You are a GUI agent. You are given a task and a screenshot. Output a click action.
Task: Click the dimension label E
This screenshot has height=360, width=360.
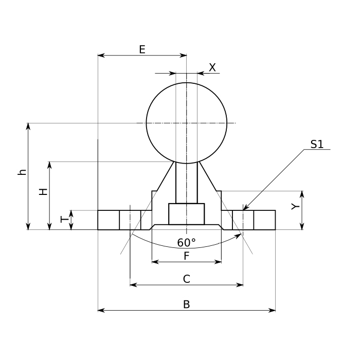142,49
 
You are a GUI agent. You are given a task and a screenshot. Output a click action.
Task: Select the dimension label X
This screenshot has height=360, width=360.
212,67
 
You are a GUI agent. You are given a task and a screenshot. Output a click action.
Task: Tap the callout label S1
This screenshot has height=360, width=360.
317,145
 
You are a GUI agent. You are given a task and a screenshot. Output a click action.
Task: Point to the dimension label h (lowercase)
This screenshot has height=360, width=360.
22,172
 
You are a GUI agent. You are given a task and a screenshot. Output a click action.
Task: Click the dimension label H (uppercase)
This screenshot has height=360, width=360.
44,191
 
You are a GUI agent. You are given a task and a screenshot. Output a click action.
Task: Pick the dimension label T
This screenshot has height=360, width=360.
64,219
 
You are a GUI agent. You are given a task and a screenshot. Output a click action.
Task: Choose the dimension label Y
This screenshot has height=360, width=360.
294,207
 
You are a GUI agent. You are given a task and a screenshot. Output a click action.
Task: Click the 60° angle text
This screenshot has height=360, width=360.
186,242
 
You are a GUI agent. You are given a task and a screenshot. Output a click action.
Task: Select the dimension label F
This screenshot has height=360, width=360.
186,256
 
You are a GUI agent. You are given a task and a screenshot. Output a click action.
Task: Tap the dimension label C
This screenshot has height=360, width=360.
187,279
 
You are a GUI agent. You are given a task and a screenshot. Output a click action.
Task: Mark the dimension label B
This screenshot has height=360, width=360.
187,304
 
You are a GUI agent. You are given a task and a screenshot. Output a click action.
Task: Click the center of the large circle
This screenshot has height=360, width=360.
187,123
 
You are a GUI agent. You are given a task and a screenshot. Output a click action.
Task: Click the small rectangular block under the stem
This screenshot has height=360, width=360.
186,214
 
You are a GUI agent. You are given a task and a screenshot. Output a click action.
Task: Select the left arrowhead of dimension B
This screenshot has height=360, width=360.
99,310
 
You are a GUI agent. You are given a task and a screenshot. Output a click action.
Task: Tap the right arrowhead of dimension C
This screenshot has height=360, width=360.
242,284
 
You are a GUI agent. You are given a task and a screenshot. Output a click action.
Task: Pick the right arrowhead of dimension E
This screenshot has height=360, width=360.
186,55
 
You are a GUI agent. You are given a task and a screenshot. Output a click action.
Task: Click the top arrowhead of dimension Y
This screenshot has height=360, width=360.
302,192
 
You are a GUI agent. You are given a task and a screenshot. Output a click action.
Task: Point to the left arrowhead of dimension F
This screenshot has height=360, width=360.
153,262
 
